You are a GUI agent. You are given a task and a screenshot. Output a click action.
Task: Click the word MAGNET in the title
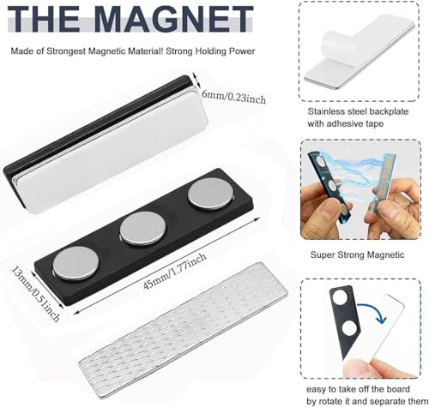173,18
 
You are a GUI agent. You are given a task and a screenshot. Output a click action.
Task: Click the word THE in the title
44,18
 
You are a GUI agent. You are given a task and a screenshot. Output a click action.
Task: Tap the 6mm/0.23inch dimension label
233,97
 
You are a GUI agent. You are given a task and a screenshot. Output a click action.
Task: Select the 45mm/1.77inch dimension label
174,271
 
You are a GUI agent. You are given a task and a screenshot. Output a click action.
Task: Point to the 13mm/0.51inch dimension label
36,293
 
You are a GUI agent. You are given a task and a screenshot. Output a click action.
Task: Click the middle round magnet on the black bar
142,228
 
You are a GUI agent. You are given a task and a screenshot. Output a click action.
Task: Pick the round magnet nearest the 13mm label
76,263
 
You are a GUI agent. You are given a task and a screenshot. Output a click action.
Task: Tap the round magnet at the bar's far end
210,193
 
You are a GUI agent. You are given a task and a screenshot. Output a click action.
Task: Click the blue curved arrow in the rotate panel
373,311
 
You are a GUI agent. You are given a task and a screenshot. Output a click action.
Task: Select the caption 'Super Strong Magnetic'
357,254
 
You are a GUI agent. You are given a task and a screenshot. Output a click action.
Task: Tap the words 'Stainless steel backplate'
358,111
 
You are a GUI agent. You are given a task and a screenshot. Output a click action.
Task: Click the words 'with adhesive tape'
345,123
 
